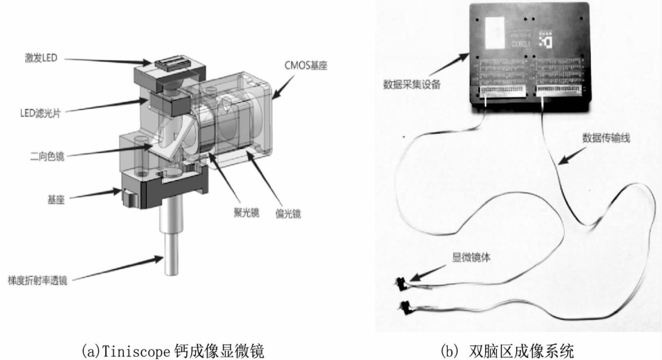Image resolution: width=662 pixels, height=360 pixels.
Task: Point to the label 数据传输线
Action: pos(606,138)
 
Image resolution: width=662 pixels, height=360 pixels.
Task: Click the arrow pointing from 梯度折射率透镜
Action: pos(122,267)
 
